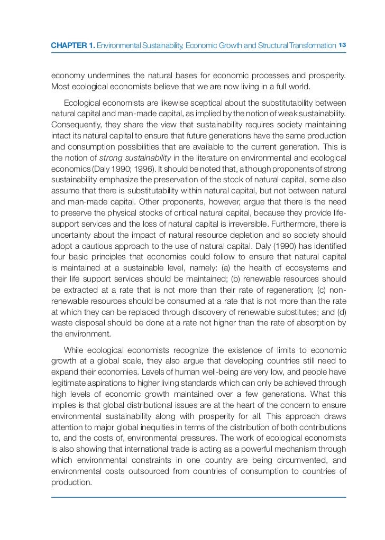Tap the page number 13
pyautogui.click(x=342, y=45)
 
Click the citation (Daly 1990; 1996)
pyautogui.click(x=126, y=169)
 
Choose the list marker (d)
pyautogui.click(x=341, y=312)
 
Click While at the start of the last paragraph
pyautogui.click(x=75, y=350)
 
